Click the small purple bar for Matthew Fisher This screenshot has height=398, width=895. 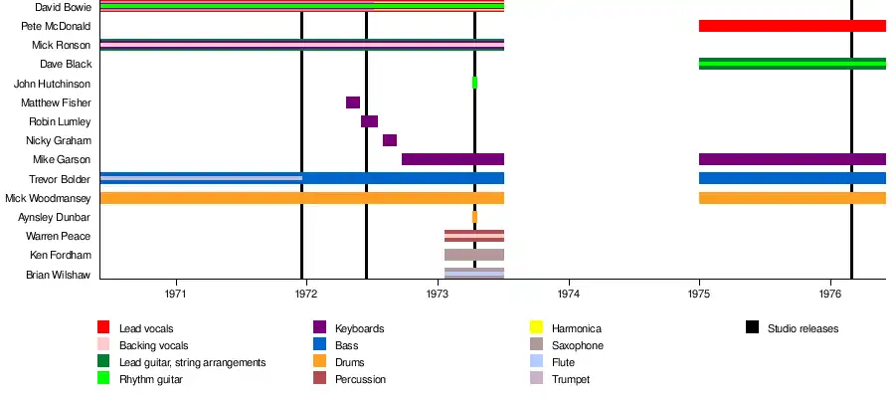[x=352, y=102]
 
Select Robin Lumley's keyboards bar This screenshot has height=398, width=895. [x=369, y=121]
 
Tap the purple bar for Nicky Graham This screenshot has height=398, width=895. [x=390, y=140]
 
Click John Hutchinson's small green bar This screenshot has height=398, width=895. [x=474, y=83]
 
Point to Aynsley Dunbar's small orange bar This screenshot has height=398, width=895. [x=474, y=217]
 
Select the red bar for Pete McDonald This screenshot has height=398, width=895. [x=792, y=26]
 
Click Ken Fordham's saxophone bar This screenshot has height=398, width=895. [x=473, y=255]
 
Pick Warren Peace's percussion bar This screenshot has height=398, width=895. [x=473, y=236]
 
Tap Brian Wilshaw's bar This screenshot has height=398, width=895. [x=473, y=274]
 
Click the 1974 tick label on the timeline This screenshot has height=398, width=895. [x=569, y=295]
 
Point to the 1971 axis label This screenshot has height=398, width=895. [x=176, y=295]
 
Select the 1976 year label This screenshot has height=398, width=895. [x=830, y=295]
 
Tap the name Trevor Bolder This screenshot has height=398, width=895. [x=61, y=179]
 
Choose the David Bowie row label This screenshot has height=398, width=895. [x=63, y=7]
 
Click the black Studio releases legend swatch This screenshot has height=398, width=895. [x=751, y=328]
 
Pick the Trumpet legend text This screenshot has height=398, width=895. [x=572, y=379]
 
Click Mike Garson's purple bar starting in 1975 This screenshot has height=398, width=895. [x=792, y=159]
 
